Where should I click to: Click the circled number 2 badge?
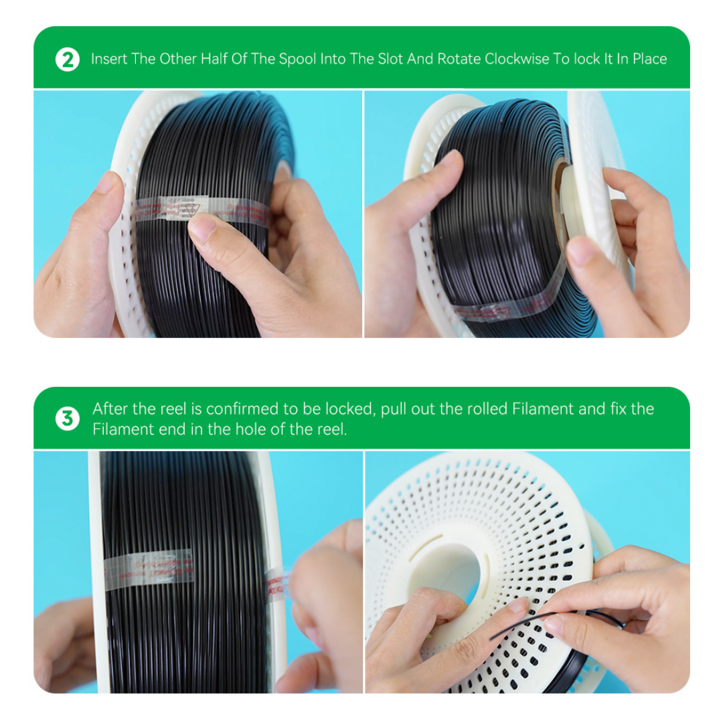tap(67, 59)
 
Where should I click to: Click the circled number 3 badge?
tap(67, 419)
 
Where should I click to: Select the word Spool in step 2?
tap(297, 59)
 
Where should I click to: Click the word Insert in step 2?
tap(108, 59)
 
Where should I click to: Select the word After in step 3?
tap(110, 409)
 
